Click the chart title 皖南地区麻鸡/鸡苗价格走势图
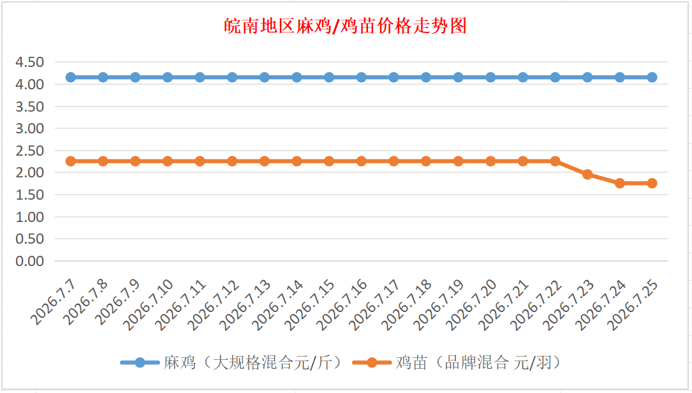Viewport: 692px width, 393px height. [345, 26]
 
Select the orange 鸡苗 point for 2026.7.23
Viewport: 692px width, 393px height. [587, 174]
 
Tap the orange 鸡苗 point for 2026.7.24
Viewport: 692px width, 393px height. [620, 183]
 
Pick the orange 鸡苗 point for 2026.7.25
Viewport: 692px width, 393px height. [652, 183]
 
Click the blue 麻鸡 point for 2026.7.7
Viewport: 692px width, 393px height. [71, 77]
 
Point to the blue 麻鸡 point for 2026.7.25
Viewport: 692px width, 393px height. [652, 77]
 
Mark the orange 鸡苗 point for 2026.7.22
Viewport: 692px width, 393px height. [555, 161]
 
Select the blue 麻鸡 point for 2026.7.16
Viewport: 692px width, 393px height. [362, 77]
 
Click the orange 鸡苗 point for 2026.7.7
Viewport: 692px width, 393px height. [71, 161]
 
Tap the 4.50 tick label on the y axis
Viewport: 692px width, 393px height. [29, 63]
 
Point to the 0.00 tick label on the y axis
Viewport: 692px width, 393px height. [29, 261]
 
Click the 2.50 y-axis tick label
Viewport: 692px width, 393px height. [29, 151]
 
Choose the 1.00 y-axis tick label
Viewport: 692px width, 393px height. [29, 217]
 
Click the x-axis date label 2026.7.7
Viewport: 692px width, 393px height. [53, 303]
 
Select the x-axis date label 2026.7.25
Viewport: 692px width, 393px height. [633, 305]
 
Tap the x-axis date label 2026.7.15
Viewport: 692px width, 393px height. [310, 305]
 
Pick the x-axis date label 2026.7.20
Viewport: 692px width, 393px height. [471, 305]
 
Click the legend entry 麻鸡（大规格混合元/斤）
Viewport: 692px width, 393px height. [232, 362]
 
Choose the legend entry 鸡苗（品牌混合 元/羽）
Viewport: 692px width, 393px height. [459, 362]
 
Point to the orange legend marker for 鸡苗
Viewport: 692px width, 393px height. [372, 363]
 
